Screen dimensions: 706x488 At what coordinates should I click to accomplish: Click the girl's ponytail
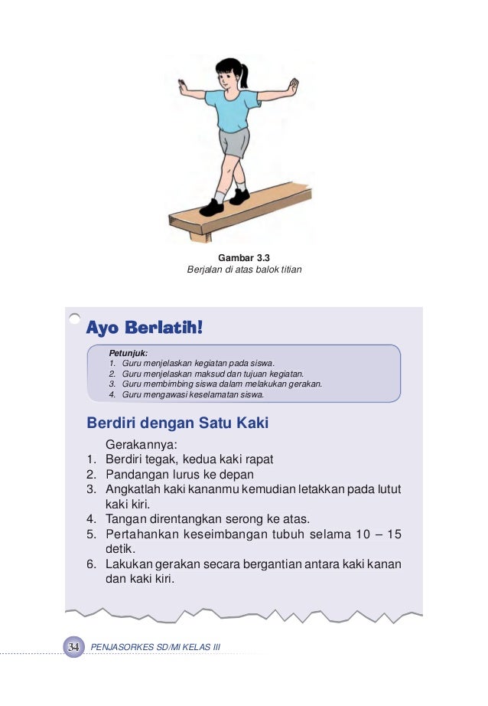246,74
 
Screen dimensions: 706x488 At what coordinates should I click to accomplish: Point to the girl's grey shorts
234,143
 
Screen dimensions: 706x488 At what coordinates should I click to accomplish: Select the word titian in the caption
289,270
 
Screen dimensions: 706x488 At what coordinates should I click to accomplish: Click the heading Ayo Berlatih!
145,328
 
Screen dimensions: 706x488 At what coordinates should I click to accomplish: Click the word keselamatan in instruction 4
216,395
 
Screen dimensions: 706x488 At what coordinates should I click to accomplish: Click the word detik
120,549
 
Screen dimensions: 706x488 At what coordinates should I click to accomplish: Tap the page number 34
73,648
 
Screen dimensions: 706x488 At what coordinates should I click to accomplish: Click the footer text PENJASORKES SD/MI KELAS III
155,648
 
